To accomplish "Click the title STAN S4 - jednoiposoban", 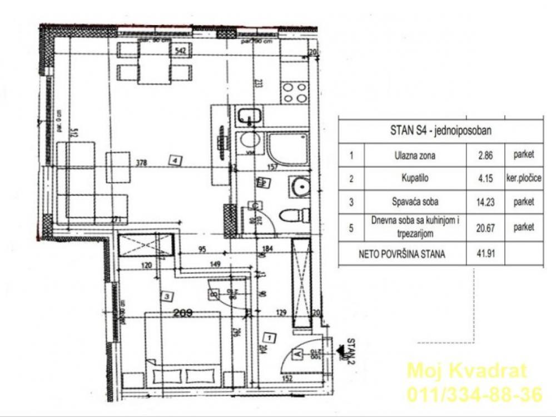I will pos(441,132).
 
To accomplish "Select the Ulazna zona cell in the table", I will pos(414,155).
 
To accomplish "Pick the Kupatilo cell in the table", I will pos(415,178).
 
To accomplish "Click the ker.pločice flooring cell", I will pos(524,178).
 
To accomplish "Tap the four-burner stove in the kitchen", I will pos(294,92).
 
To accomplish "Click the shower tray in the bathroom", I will pos(287,148).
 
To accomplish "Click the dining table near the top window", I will pos(153,63).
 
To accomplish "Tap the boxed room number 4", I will pos(176,160).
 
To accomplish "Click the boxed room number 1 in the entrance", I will pos(269,337).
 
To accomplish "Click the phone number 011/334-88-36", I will pos(474,395).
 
